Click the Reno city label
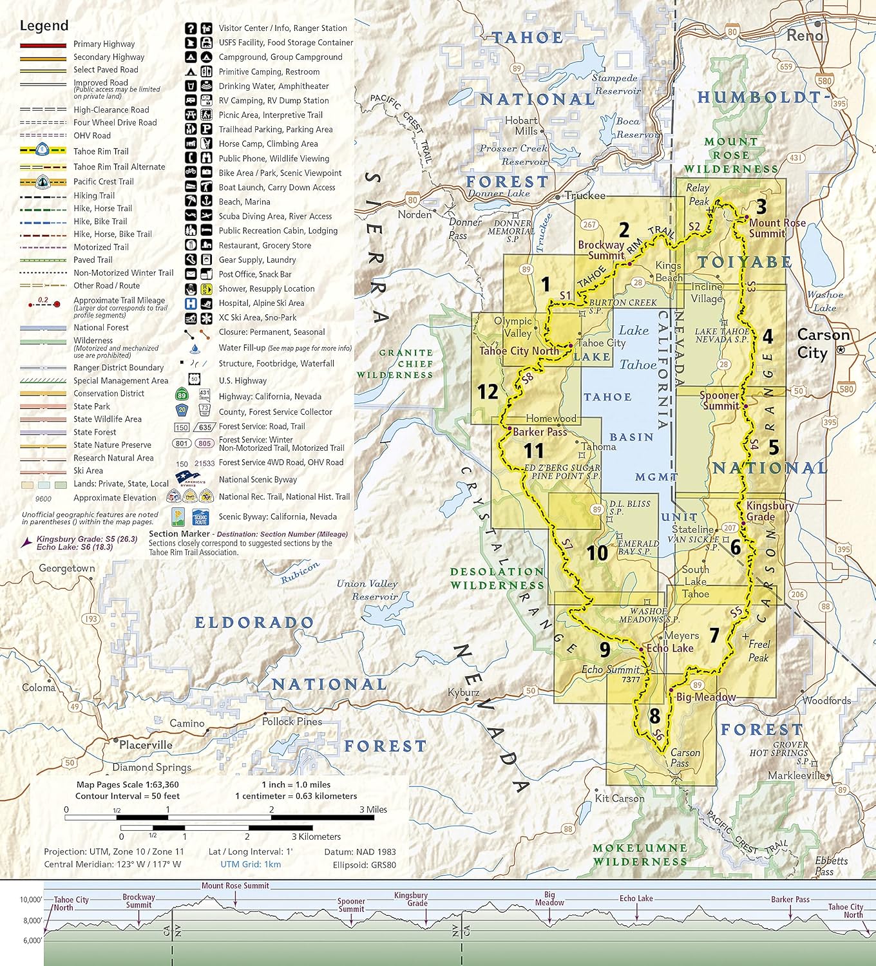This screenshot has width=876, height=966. [805, 35]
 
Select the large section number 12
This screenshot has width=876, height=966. [488, 392]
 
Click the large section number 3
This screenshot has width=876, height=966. [761, 207]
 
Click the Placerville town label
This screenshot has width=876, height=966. [146, 745]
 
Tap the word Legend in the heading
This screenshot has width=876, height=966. [44, 26]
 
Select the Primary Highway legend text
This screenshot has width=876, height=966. [104, 44]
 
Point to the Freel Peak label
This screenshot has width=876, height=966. [758, 650]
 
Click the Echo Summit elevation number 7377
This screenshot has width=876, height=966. [631, 679]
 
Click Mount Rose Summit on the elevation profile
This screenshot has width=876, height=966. [235, 885]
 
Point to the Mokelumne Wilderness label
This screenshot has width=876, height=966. [640, 855]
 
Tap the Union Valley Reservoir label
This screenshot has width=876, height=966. [367, 590]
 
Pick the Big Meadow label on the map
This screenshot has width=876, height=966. [705, 697]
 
